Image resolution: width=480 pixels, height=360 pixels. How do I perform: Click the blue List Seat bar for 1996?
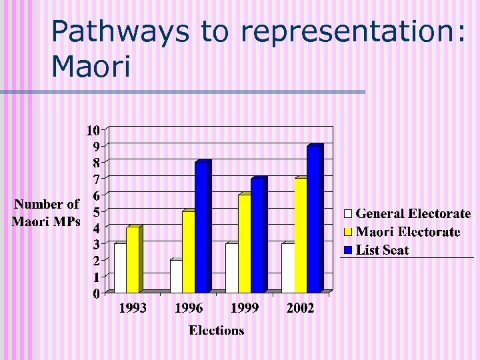click(x=201, y=228)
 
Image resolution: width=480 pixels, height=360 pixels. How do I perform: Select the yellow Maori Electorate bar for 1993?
click(x=132, y=261)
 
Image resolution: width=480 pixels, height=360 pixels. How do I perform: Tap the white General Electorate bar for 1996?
click(x=176, y=277)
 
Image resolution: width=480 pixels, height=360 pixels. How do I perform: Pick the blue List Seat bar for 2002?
click(x=313, y=220)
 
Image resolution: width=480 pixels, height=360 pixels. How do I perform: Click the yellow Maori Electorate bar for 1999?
click(x=244, y=244)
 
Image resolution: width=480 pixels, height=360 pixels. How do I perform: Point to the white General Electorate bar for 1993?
click(x=119, y=269)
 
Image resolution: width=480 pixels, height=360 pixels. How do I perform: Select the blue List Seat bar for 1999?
click(x=257, y=236)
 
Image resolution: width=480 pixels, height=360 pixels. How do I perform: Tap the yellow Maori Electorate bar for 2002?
click(x=300, y=236)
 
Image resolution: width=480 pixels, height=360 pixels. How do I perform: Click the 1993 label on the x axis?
click(x=133, y=309)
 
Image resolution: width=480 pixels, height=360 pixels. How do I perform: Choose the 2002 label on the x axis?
click(x=300, y=309)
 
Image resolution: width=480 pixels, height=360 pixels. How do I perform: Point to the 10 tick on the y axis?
click(x=93, y=129)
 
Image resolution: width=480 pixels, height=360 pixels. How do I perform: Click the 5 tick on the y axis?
click(x=96, y=211)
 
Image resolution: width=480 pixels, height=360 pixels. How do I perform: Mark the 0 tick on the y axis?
click(x=96, y=293)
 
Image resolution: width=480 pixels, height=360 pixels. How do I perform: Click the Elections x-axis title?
click(x=216, y=330)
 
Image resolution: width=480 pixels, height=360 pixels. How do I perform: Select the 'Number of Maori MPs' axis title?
click(x=47, y=213)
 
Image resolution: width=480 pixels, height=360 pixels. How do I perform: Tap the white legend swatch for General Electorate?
click(x=347, y=214)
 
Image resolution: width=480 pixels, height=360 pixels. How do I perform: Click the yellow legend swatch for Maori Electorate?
click(x=347, y=232)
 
